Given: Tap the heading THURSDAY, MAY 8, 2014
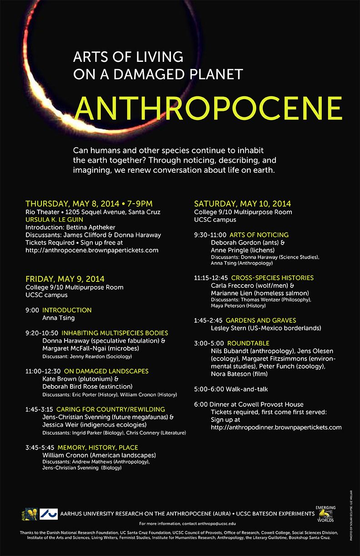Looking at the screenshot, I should pyautogui.click(x=73, y=204).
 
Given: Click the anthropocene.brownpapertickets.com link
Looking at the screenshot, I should pyautogui.click(x=92, y=250).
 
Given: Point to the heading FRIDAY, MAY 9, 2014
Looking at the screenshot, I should pyautogui.click(x=65, y=279).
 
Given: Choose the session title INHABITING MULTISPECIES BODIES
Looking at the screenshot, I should pyautogui.click(x=115, y=333).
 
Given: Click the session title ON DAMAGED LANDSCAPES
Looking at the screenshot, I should pyautogui.click(x=106, y=371).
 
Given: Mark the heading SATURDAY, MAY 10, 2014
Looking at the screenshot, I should pyautogui.click(x=242, y=204).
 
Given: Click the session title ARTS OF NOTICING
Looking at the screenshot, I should pyautogui.click(x=259, y=235).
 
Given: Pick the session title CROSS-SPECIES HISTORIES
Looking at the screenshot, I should pyautogui.click(x=272, y=278).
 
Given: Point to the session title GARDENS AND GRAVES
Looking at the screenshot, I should pyautogui.click(x=260, y=321).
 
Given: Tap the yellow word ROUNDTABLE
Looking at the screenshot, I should pyautogui.click(x=248, y=343).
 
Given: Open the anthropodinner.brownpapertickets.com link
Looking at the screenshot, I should pyautogui.click(x=276, y=427).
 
